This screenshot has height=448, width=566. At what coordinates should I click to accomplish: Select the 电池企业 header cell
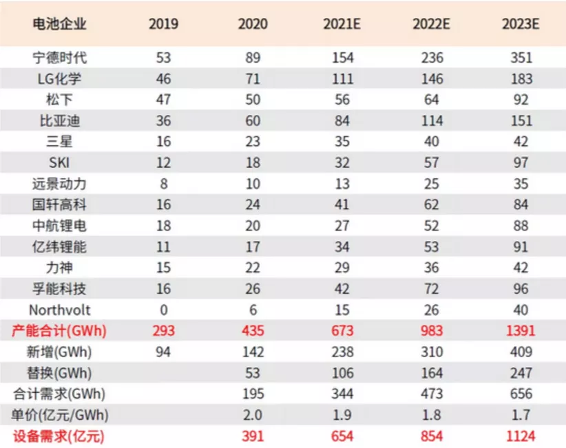coord(60,24)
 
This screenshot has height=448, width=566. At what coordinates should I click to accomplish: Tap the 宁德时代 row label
coord(60,58)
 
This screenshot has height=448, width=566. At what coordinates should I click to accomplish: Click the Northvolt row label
coord(60,310)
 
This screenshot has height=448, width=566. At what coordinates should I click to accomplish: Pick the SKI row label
coord(60,162)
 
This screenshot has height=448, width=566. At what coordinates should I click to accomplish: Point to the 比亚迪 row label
coord(60,121)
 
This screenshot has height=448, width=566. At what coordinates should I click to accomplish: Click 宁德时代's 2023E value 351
coord(521,58)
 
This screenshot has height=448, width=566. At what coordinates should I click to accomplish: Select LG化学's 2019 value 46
coord(163,79)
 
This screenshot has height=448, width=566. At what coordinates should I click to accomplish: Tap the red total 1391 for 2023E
coord(521,331)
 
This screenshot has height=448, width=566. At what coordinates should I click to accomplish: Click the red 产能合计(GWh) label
coord(60,331)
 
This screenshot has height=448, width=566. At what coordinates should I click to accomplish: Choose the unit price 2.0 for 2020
coord(253,415)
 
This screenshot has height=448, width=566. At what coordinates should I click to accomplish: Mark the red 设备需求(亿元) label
coord(60,436)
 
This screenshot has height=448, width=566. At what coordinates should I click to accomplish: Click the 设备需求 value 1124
coord(521,436)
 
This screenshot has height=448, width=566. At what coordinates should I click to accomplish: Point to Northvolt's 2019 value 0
coord(163,310)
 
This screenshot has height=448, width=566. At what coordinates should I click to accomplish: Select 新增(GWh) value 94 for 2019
coord(163,352)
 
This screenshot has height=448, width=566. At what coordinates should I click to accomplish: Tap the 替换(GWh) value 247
coord(521,373)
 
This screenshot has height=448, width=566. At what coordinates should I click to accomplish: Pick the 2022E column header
coord(432,24)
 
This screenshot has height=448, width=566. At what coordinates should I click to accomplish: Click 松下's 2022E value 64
coord(432,100)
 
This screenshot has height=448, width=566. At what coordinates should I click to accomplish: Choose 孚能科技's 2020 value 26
coord(253,289)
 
